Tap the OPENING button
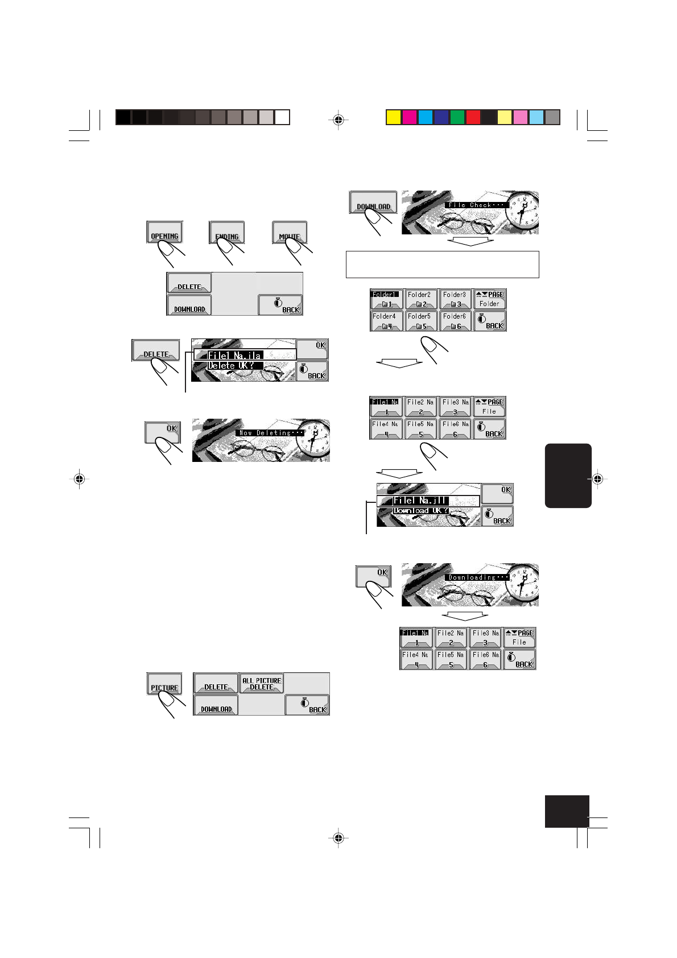click(x=164, y=232)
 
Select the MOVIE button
click(x=290, y=232)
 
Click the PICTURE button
click(x=164, y=684)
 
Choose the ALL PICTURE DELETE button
click(x=262, y=683)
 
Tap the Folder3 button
click(x=455, y=299)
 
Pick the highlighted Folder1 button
click(x=386, y=299)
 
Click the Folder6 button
click(x=455, y=321)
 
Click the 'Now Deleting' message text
click(x=270, y=433)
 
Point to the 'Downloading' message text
click(x=477, y=577)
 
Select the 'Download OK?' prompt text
click(x=421, y=511)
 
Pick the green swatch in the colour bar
click(x=457, y=117)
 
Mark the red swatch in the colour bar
click(x=473, y=117)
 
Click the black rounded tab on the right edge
click(x=568, y=476)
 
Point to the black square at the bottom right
click(x=567, y=811)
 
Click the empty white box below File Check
click(x=442, y=265)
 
